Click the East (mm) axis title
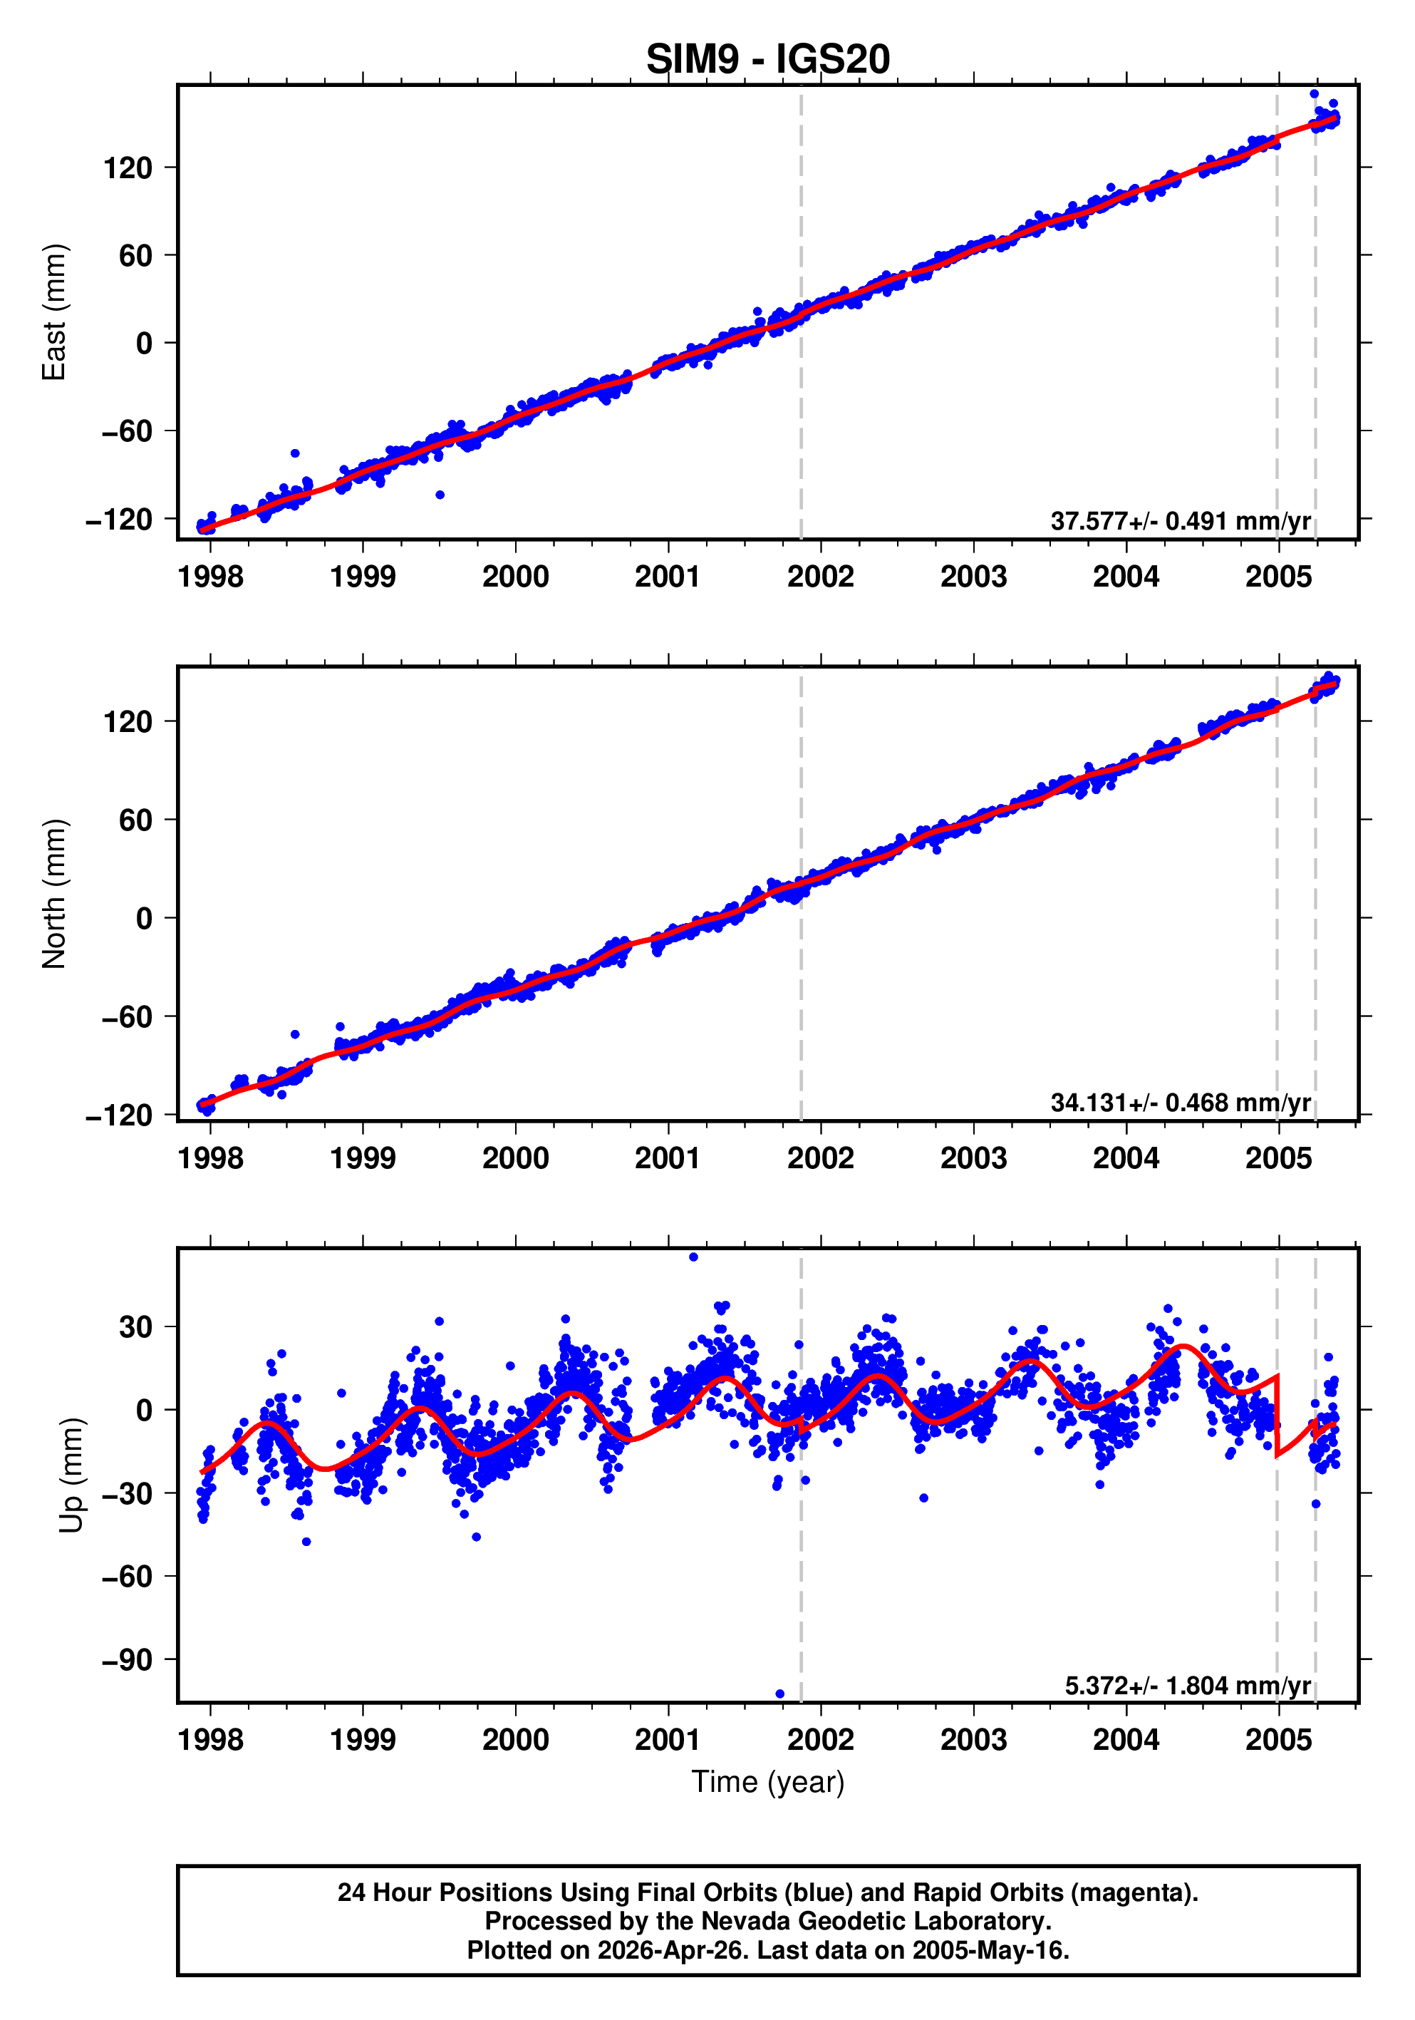[x=55, y=312]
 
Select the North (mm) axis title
[x=55, y=894]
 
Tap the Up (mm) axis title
[x=72, y=1475]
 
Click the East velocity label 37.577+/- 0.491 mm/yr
[x=1180, y=521]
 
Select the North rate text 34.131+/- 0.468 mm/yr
[x=1180, y=1103]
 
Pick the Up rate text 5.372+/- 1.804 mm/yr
[x=1187, y=1685]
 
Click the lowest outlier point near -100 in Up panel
[x=780, y=1694]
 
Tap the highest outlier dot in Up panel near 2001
[x=694, y=1257]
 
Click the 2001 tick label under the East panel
[x=668, y=577]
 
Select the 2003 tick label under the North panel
[x=973, y=1159]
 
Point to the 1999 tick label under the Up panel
[x=363, y=1740]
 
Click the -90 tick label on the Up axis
[x=127, y=1660]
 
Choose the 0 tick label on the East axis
[x=144, y=343]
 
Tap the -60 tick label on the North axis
[x=127, y=1017]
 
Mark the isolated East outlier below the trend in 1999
[x=440, y=495]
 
